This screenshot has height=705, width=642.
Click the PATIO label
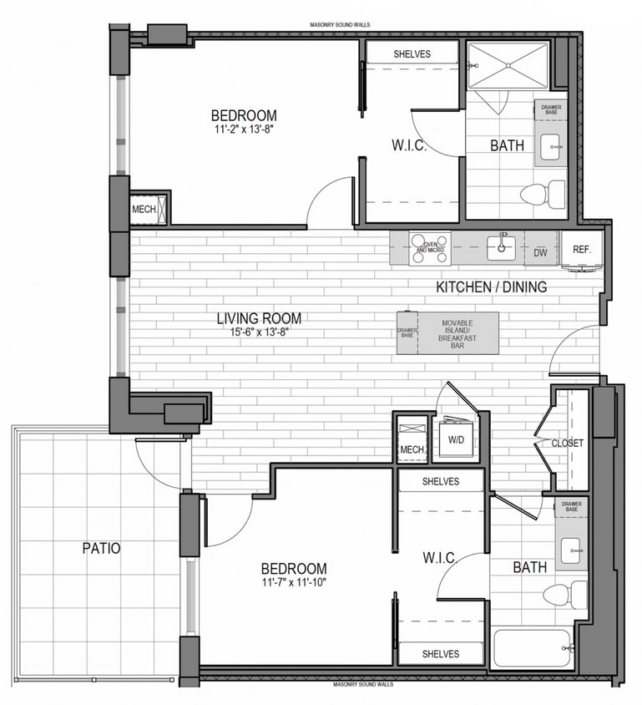click(x=101, y=549)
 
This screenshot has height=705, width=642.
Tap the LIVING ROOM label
click(x=259, y=318)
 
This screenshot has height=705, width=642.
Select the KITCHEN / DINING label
click(x=492, y=287)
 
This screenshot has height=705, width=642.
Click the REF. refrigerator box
click(x=581, y=249)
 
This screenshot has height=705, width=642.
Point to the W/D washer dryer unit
click(x=457, y=439)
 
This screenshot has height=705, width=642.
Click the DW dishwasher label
click(x=540, y=251)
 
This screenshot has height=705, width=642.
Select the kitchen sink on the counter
click(x=502, y=245)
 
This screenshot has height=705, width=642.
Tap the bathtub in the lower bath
click(x=532, y=647)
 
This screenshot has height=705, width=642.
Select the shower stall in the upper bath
click(x=507, y=64)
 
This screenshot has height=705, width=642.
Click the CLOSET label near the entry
click(x=568, y=443)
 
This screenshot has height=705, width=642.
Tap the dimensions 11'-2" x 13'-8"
click(x=243, y=129)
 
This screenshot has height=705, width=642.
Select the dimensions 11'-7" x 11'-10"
click(x=292, y=582)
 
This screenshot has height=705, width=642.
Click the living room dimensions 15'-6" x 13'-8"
click(x=259, y=332)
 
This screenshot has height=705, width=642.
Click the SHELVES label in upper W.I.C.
click(x=411, y=54)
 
